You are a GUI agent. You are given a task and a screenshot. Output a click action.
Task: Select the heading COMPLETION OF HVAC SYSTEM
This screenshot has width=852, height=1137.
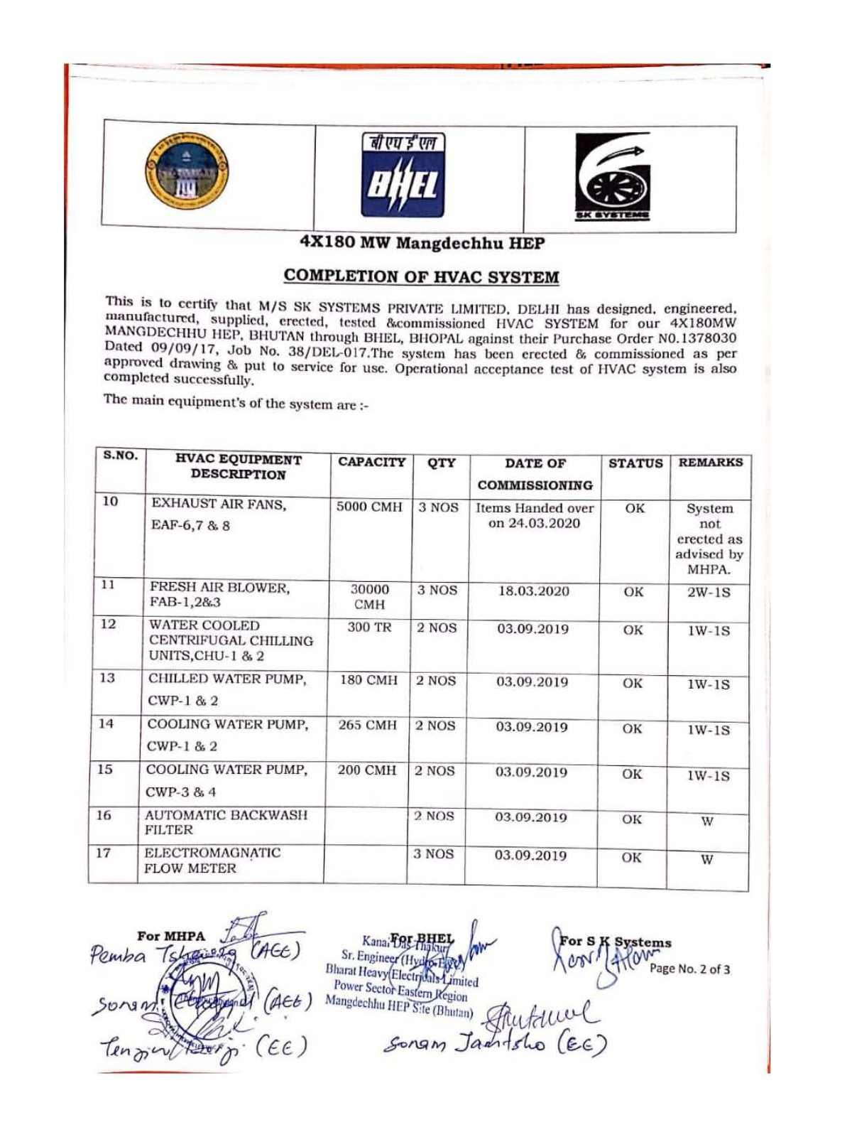pyautogui.click(x=421, y=276)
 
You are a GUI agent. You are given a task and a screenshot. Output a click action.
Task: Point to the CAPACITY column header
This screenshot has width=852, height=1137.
pyautogui.click(x=371, y=463)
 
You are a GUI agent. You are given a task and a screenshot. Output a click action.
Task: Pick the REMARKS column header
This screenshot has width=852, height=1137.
pyautogui.click(x=711, y=463)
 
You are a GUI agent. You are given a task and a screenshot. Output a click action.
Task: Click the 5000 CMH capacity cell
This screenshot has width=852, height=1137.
pyautogui.click(x=368, y=508)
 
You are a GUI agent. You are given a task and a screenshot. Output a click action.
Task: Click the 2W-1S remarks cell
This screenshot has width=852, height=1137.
pyautogui.click(x=709, y=592)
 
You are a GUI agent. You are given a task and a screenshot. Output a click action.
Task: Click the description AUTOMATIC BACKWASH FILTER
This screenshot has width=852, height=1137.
pyautogui.click(x=226, y=822)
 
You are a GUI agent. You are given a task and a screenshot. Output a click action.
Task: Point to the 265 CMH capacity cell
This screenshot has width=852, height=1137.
pyautogui.click(x=367, y=726)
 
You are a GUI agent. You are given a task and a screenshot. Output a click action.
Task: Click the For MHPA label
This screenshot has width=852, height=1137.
pyautogui.click(x=171, y=937)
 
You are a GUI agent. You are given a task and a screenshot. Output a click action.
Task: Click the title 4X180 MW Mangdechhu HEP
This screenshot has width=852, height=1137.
pyautogui.click(x=422, y=243)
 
